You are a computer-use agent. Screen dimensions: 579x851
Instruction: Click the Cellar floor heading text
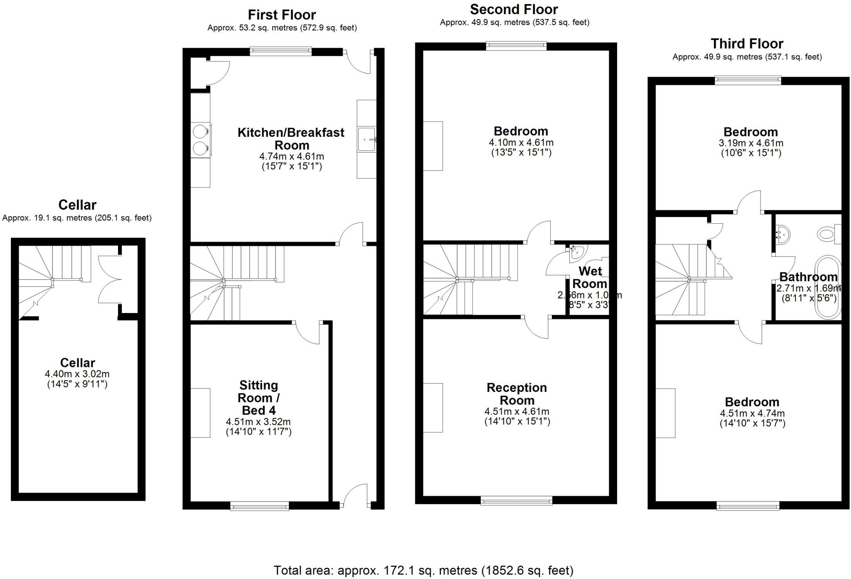77,205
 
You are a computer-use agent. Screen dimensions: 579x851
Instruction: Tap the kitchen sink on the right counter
366,140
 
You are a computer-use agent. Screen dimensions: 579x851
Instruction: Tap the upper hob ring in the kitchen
200,131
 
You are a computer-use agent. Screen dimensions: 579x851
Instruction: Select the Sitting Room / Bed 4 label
258,398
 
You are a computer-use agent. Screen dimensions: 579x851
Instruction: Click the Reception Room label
517,394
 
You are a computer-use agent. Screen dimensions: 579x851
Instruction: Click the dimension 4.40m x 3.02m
77,374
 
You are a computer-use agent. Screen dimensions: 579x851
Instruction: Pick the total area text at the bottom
423,570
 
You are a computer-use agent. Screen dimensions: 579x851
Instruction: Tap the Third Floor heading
747,44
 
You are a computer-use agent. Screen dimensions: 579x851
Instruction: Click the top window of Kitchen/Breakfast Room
280,52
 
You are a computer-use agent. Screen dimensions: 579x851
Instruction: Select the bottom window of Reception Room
516,501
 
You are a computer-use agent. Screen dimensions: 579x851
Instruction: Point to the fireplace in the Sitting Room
200,413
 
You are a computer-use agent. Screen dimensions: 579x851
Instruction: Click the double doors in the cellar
109,279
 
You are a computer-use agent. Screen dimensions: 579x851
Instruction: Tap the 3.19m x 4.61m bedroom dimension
751,143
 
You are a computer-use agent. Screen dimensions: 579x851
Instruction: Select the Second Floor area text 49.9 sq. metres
514,22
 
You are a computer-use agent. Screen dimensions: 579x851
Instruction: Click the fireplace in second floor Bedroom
433,146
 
